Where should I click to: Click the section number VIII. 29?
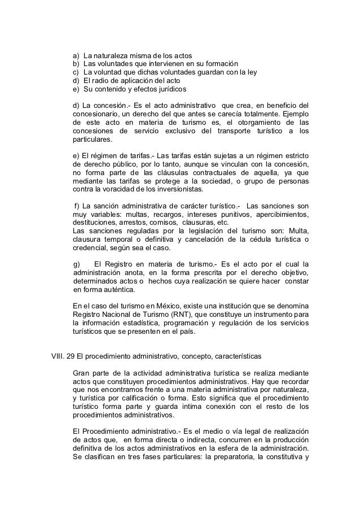(x=63, y=357)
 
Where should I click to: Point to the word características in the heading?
(x=234, y=357)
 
